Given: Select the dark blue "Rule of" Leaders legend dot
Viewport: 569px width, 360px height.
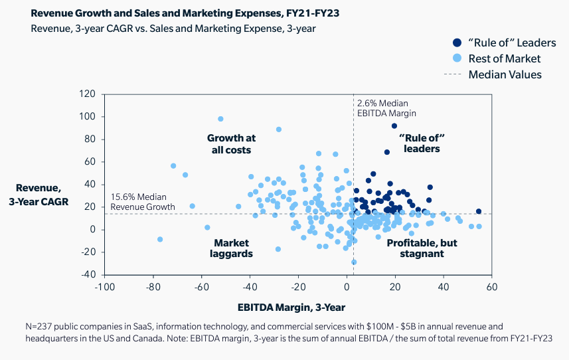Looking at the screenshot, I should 458,43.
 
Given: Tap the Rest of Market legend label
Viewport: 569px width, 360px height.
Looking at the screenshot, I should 505,58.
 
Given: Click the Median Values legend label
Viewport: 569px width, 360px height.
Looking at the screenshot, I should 505,74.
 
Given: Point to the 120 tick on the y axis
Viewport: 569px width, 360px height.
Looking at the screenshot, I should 88,94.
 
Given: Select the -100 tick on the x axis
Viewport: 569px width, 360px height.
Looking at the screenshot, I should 103,286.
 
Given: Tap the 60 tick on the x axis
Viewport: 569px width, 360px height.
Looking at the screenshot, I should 491,286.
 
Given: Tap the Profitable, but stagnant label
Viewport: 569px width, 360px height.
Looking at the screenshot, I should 422,248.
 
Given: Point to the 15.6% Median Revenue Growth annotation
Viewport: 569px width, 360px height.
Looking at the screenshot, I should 143,202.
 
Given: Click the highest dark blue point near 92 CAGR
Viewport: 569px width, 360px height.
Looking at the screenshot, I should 394,126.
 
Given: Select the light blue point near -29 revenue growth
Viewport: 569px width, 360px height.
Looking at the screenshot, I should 354,262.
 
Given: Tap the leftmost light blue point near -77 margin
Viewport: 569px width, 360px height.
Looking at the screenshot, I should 159,239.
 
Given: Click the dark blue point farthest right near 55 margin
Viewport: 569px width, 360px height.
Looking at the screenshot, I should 478,211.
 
